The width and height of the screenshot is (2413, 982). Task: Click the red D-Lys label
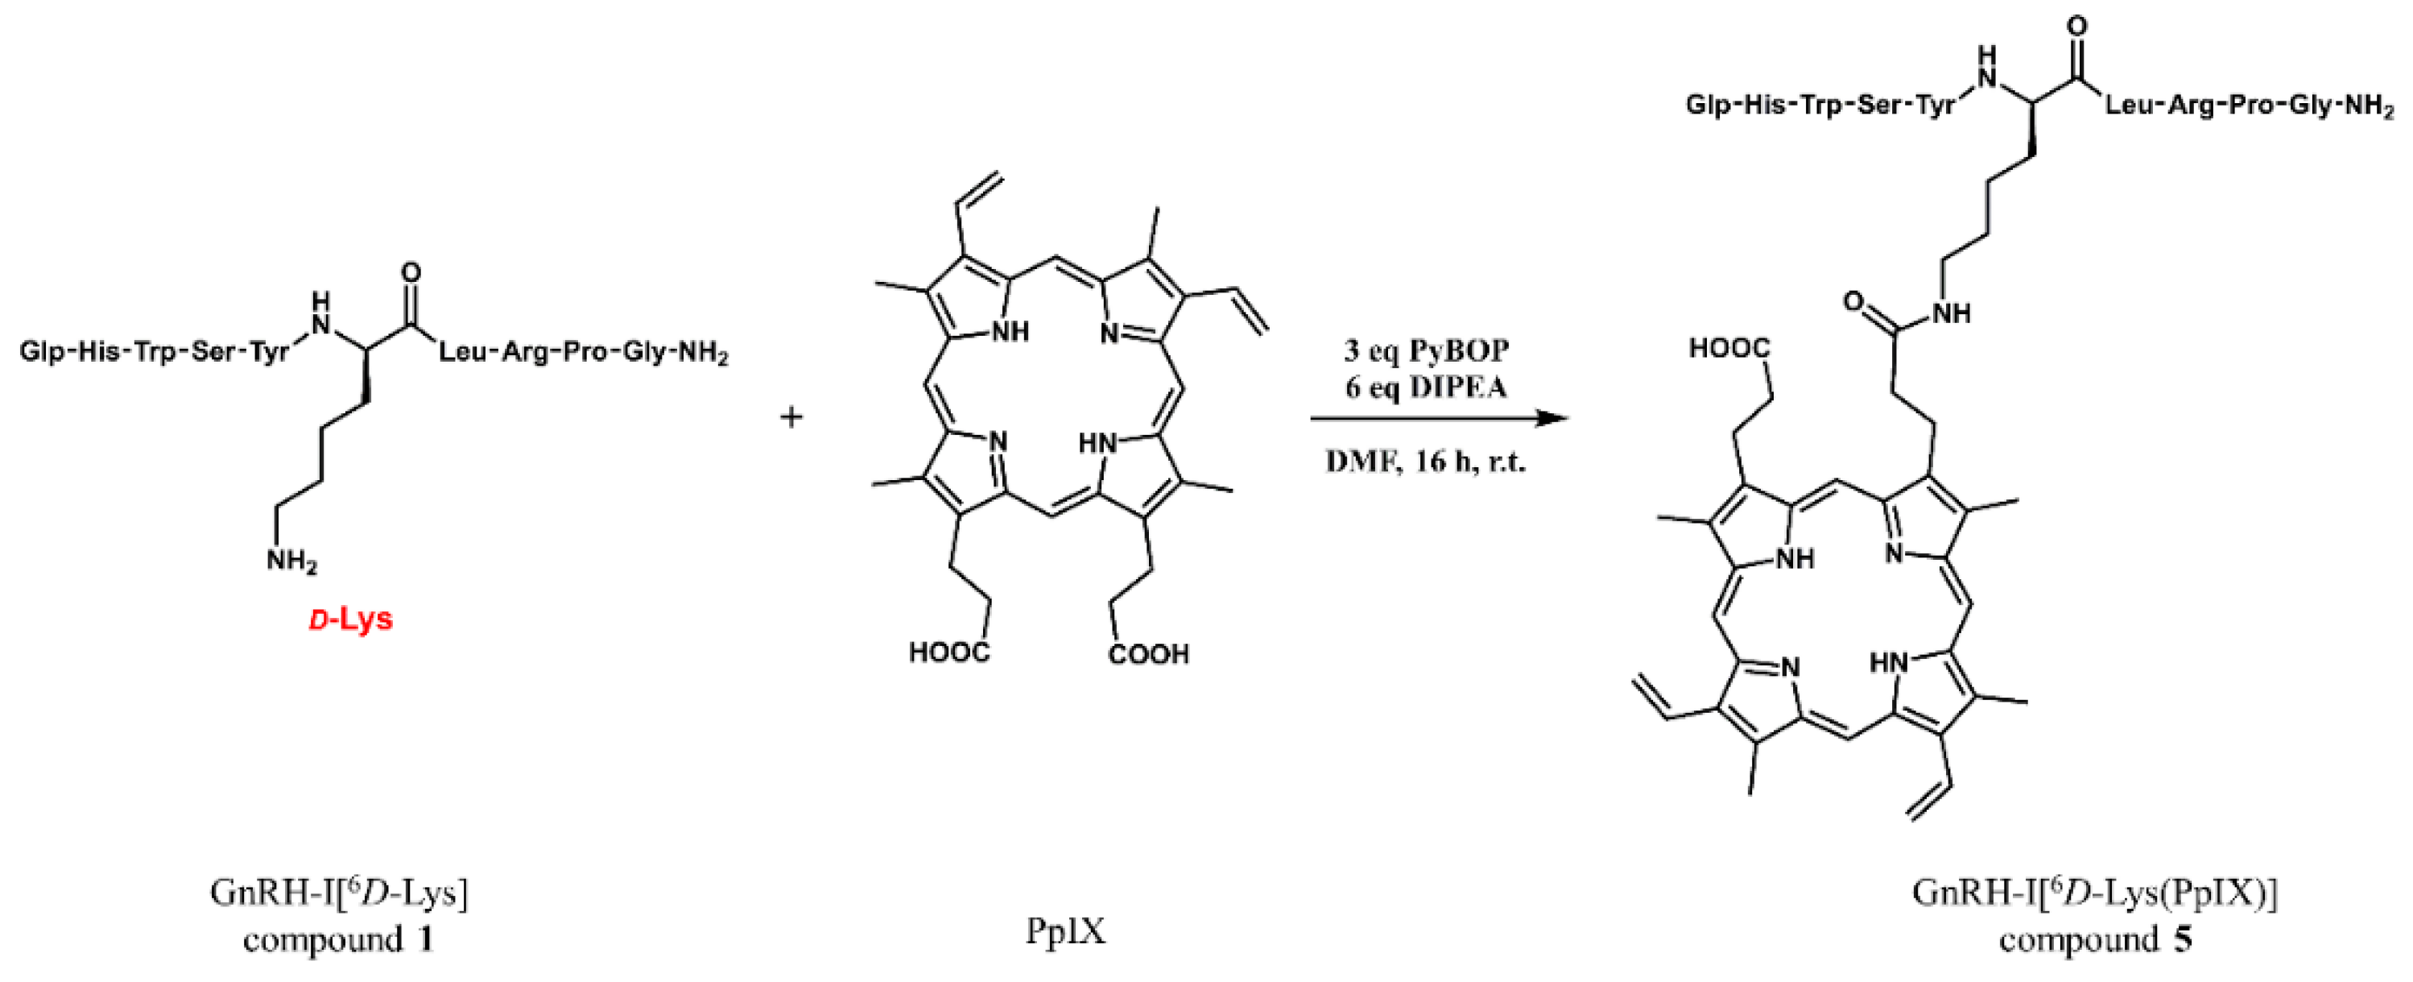point(351,619)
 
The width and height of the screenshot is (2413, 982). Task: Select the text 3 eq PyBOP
point(1426,350)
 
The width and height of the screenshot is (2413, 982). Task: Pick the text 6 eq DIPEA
point(1426,386)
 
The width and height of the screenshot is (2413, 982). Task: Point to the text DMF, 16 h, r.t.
point(1426,462)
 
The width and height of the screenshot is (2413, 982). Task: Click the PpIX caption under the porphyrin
point(1065,931)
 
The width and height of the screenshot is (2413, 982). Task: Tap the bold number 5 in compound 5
point(2184,938)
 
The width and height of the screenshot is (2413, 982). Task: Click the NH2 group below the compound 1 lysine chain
point(291,562)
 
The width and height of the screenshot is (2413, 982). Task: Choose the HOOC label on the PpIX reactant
point(949,653)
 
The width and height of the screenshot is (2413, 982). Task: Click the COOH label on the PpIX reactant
point(1148,653)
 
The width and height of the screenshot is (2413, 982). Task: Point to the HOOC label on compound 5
point(1729,350)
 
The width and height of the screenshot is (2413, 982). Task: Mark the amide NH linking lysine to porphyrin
point(1950,313)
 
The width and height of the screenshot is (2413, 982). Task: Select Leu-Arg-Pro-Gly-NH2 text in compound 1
point(583,354)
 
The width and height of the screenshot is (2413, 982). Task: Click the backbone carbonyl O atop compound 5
point(2076,27)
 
